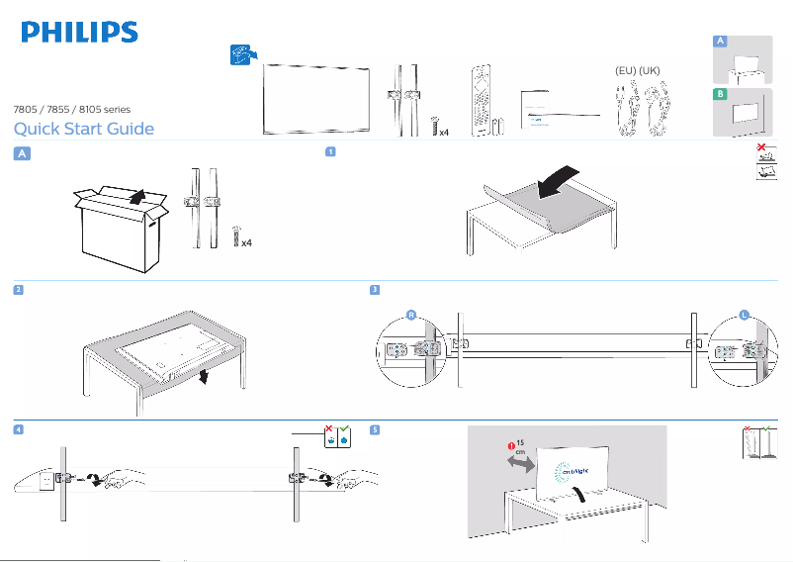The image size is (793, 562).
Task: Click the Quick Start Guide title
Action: point(83,129)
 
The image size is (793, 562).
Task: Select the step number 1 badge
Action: point(330,152)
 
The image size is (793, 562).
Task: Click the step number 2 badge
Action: point(18,289)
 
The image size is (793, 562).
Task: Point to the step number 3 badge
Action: point(374,289)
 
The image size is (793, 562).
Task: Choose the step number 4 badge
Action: point(18,429)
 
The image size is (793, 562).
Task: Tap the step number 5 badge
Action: point(374,429)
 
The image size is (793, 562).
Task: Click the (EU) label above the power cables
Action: point(621,72)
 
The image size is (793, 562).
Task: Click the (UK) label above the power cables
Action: point(649,72)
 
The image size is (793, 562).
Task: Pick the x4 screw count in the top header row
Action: point(443,130)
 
